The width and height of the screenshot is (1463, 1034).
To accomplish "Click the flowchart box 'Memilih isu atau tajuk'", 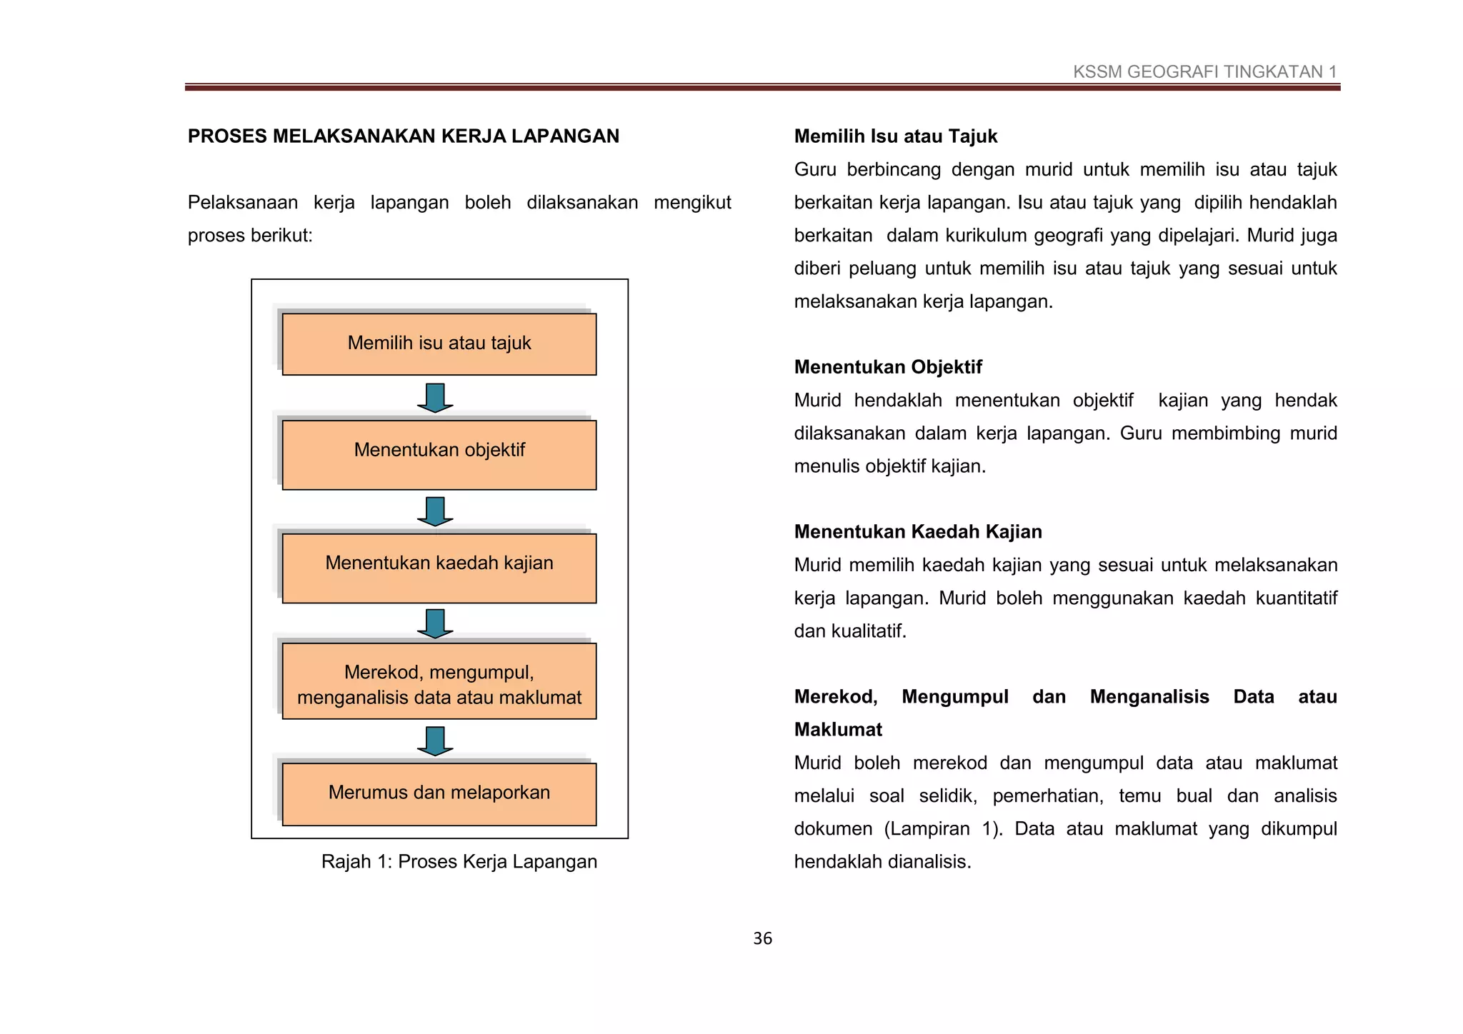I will [439, 344].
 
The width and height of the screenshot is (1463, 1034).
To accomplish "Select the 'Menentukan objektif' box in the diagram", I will [439, 454].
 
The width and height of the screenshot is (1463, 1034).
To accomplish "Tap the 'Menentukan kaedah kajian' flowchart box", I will [439, 568].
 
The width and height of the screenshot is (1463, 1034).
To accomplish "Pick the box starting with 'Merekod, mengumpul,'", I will [439, 681].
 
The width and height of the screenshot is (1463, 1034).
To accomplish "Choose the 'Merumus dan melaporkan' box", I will [439, 794].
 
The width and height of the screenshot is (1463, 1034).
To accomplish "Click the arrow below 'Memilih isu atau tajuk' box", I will [435, 398].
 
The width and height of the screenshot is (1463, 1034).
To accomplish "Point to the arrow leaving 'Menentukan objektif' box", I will [435, 511].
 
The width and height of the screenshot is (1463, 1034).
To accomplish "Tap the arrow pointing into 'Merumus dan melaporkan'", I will [435, 741].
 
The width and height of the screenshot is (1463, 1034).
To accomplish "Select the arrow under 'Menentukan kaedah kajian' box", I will [435, 623].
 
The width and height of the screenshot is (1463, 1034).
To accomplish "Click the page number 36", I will [762, 939].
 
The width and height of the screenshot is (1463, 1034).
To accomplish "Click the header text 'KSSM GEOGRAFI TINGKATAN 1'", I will [1204, 72].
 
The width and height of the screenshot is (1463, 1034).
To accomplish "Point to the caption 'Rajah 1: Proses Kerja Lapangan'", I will [459, 862].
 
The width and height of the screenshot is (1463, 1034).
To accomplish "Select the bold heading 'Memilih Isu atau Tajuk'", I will [895, 136].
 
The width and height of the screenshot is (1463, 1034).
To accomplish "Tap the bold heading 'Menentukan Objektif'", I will [888, 367].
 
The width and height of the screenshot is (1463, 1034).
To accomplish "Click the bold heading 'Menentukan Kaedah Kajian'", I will [917, 532].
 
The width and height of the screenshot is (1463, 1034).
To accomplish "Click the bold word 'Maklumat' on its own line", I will [838, 730].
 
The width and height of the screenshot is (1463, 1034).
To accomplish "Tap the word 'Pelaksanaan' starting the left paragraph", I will [242, 203].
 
